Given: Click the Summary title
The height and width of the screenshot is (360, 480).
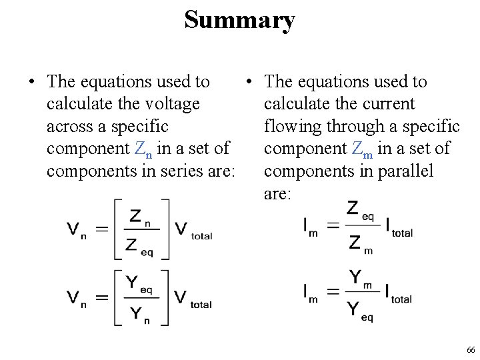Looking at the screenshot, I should (x=239, y=20).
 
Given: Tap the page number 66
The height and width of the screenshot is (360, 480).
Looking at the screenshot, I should (x=471, y=350).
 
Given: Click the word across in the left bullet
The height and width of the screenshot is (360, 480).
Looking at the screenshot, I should (x=67, y=127).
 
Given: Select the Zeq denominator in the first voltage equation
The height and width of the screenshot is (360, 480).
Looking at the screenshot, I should (x=140, y=245).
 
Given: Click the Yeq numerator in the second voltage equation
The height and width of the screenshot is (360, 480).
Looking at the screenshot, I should (x=139, y=285).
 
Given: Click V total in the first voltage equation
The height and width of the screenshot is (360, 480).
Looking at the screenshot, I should (x=193, y=231).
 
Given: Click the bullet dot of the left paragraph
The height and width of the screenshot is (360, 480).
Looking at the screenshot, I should (x=31, y=82).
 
